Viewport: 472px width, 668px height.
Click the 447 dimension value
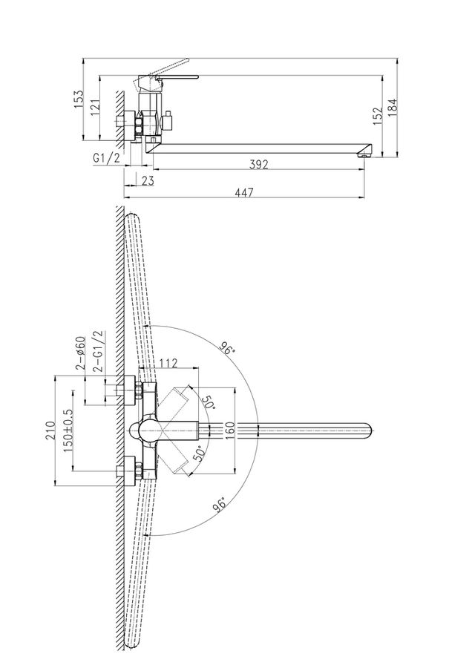tap(244, 192)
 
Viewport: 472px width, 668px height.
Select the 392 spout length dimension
tap(258, 164)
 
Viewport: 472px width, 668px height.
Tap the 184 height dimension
tap(392, 108)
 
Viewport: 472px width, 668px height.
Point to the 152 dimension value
tap(378, 116)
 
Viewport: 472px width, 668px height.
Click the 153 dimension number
tap(79, 99)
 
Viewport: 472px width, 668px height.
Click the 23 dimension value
tap(147, 180)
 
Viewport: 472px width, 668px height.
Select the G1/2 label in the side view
tap(107, 158)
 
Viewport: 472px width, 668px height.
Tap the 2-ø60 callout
tap(80, 353)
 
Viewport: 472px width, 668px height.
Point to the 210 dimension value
tap(50, 430)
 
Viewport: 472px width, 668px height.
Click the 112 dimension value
tap(168, 364)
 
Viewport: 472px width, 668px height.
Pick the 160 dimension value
tap(229, 430)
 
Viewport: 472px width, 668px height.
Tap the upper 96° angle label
tap(228, 347)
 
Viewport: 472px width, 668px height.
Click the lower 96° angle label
tap(220, 504)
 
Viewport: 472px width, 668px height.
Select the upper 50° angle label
tap(208, 402)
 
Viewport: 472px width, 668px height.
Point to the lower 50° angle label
tap(200, 453)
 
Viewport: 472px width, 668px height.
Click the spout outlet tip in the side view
tap(364, 156)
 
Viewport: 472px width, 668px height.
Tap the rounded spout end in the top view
tap(368, 430)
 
